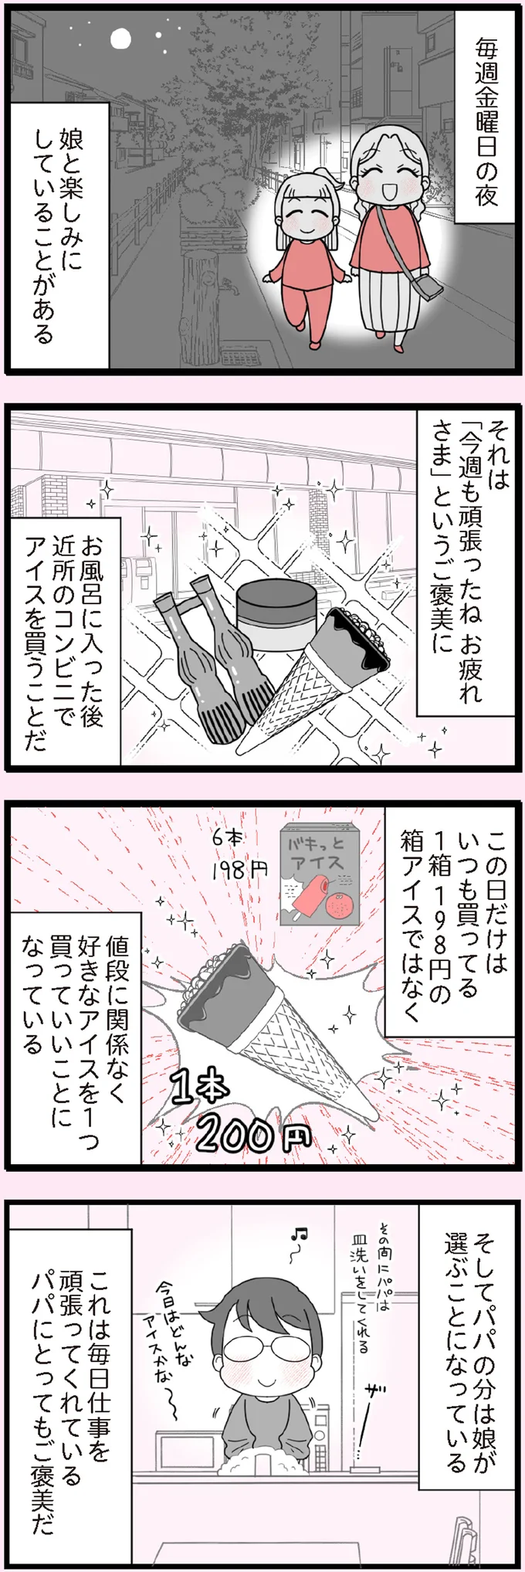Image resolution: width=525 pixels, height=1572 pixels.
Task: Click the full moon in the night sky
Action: [x=120, y=38]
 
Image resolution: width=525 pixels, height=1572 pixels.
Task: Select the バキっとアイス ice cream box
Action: [x=320, y=876]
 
